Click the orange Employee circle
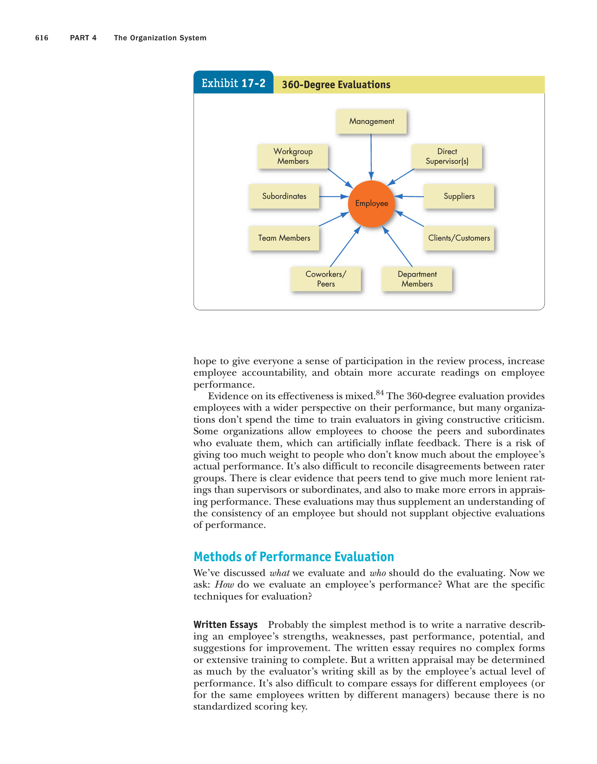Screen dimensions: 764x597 coord(371,204)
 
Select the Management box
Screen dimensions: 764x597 coord(371,121)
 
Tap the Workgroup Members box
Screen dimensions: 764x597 coord(293,156)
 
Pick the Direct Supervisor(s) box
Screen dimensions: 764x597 coord(447,156)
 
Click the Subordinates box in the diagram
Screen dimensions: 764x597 coord(284,196)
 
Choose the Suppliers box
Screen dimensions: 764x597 coord(459,196)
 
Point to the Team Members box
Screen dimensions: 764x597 coord(284,238)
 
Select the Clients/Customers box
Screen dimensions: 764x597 coord(459,238)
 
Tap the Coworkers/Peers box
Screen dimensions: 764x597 coord(326,279)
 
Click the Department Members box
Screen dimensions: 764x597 coord(417,279)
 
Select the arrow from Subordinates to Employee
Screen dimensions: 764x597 coord(334,196)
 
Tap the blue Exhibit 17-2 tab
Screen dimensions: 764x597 coord(233,83)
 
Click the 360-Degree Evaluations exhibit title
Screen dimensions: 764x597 coord(336,85)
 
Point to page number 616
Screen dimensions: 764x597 coord(42,38)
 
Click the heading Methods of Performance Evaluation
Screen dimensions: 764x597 coord(294,557)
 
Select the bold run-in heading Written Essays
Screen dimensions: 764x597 coord(225,624)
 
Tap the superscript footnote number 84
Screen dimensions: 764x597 coord(380,392)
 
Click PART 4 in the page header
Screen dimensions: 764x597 coord(83,38)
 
